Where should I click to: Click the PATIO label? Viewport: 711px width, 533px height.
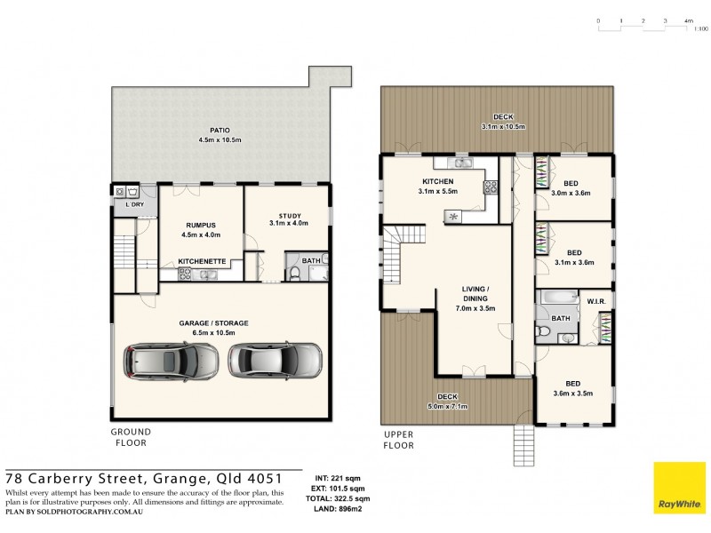(207, 130)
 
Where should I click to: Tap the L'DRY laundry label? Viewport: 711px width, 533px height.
(134, 206)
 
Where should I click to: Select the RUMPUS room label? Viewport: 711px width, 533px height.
(201, 225)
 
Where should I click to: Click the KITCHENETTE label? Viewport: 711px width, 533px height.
(202, 261)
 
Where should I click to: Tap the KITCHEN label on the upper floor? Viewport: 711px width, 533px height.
(437, 181)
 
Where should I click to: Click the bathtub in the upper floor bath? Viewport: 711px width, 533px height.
(557, 299)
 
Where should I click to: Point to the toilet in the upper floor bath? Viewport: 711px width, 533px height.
(544, 333)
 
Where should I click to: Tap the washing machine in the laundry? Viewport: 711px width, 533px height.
(132, 191)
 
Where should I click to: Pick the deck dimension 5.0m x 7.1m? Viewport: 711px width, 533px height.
(447, 406)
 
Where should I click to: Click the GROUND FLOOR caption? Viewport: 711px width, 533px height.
(130, 436)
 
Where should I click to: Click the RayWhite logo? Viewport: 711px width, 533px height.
(680, 489)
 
